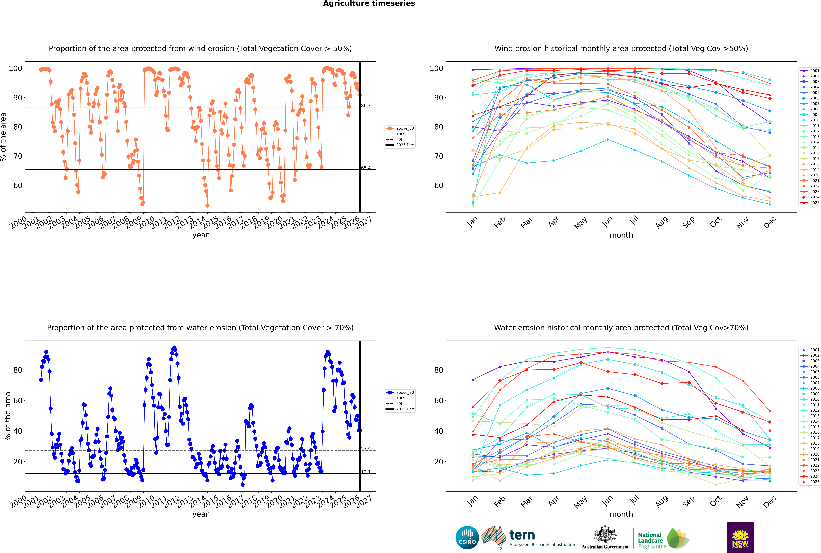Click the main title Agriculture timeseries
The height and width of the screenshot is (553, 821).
coord(369,4)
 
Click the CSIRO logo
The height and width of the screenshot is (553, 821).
coord(467,538)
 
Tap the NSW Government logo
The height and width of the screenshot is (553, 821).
coord(740,537)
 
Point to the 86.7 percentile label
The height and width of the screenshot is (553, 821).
coord(366,105)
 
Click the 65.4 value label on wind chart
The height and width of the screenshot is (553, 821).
coord(366,168)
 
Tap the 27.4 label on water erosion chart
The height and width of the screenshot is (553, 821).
coord(366,449)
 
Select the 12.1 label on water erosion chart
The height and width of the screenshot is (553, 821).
coord(366,472)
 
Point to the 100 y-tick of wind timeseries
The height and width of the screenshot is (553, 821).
coord(15,68)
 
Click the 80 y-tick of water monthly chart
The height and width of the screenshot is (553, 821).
coord(439,370)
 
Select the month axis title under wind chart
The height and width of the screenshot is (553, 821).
coord(621,235)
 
